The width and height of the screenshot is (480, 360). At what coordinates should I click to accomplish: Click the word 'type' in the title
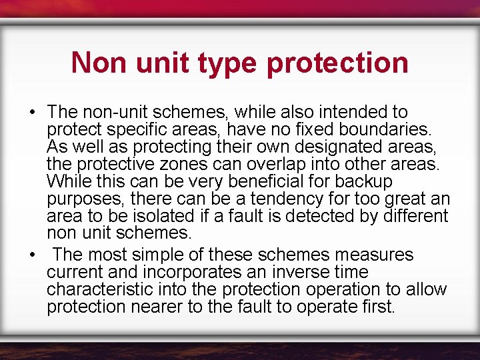point(228,63)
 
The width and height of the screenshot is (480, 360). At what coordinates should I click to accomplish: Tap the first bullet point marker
point(31,112)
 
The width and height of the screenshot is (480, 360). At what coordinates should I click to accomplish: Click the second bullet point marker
point(31,255)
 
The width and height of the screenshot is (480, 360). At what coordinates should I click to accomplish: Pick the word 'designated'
point(317,146)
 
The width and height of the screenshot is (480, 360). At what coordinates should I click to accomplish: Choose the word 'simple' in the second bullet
point(171,255)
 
